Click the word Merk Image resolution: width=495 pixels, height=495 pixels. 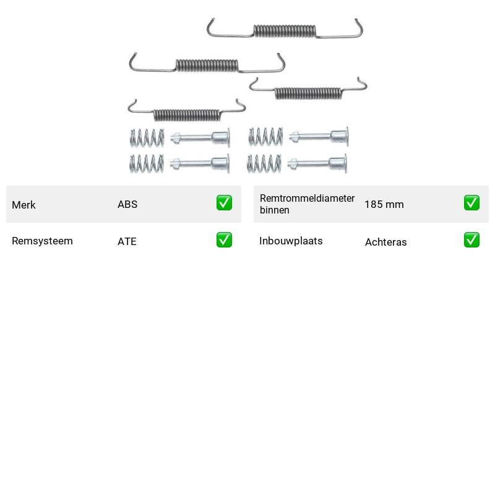pyautogui.click(x=24, y=205)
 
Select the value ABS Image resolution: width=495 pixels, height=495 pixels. pyautogui.click(x=127, y=204)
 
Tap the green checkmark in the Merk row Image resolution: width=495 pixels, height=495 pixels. pyautogui.click(x=224, y=203)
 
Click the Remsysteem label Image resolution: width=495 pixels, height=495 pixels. pyautogui.click(x=42, y=241)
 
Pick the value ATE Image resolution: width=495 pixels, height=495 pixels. pyautogui.click(x=127, y=241)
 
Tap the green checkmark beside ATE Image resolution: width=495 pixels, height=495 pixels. pyautogui.click(x=224, y=239)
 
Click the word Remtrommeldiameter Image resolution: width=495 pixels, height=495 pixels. pyautogui.click(x=307, y=198)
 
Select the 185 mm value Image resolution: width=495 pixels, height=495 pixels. pyautogui.click(x=384, y=204)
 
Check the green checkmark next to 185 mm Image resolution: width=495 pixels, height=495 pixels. pyautogui.click(x=471, y=203)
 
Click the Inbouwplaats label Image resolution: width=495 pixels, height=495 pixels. pyautogui.click(x=291, y=241)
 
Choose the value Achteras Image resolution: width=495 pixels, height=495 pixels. pyautogui.click(x=385, y=242)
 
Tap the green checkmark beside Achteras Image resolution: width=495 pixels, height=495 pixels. pyautogui.click(x=471, y=239)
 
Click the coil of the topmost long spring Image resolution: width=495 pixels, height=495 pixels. pyautogui.click(x=285, y=31)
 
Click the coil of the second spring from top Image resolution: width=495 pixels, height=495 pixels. pyautogui.click(x=207, y=66)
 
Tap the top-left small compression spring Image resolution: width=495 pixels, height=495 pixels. pyautogui.click(x=147, y=138)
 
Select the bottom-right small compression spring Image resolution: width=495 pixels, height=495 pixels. pyautogui.click(x=264, y=163)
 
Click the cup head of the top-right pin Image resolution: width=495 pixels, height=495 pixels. pyautogui.click(x=340, y=136)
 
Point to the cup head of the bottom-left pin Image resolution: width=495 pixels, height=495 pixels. pyautogui.click(x=220, y=163)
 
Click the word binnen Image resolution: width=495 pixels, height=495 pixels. pyautogui.click(x=274, y=210)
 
